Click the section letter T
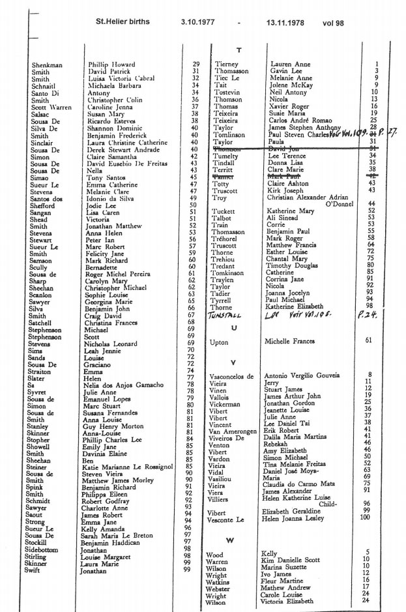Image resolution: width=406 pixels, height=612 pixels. coord(239,50)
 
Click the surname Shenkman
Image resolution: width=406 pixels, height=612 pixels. coord(47,65)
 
